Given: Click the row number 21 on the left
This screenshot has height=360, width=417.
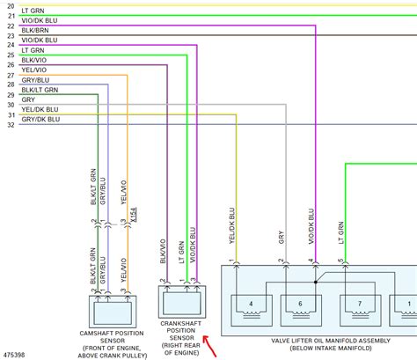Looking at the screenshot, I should coord(11,18).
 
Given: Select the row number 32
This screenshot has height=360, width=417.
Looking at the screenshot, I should coord(11,124).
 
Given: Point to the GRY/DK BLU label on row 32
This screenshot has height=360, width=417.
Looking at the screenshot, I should coord(41,119).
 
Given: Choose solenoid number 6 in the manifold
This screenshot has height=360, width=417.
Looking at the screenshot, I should coord(299,304).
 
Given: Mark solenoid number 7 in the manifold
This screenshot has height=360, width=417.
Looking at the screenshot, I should coord(359,304).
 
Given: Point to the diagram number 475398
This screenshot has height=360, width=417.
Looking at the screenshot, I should coord(14,355).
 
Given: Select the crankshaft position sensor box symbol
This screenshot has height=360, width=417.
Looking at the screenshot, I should coord(180,302).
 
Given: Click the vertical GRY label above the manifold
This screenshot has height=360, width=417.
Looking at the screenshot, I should coord(281,238).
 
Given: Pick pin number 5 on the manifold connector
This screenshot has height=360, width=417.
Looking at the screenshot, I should coord(340,261).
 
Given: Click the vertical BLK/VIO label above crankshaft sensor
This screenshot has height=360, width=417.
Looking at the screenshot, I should coord(164,249).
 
